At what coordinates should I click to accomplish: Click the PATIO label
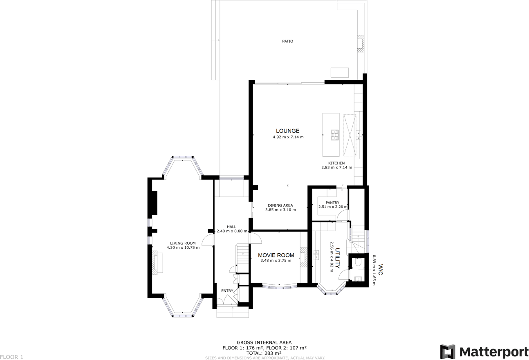287,41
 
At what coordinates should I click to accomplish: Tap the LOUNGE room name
288,131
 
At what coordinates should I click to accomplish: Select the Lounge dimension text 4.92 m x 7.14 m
288,137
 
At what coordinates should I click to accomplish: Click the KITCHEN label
336,163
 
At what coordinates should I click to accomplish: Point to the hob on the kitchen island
335,135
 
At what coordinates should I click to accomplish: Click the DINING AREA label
280,205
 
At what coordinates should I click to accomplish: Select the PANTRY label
332,202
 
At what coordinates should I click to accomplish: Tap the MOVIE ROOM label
276,255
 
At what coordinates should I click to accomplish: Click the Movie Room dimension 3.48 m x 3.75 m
276,261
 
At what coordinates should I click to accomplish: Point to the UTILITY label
338,258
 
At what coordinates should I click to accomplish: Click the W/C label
380,269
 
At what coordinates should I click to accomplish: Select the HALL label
231,227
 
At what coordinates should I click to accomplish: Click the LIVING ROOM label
183,243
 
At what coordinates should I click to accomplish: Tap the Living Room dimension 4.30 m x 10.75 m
183,248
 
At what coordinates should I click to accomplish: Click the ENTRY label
227,291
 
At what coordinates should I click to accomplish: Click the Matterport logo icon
448,352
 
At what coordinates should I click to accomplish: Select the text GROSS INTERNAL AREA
264,342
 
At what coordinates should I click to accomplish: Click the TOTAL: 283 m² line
264,353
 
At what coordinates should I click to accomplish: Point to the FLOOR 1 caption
12,357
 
